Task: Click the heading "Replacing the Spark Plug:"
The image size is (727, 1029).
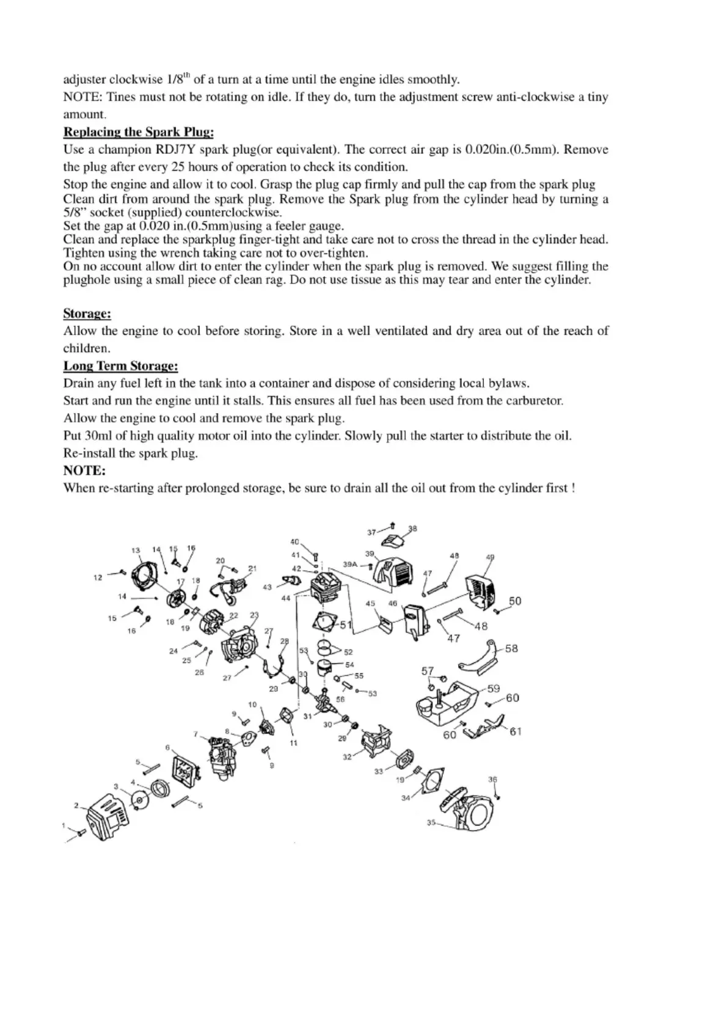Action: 138,132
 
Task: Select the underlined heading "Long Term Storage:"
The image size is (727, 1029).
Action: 120,366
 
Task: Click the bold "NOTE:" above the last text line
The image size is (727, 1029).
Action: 84,471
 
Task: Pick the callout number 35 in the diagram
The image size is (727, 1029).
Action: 431,823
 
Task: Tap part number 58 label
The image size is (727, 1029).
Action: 511,648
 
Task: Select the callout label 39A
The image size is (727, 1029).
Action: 349,565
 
